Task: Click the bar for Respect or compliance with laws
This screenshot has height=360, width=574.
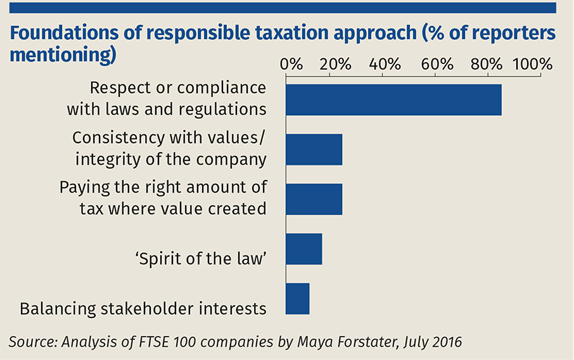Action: [393, 100]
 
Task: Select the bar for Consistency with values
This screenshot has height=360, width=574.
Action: [314, 150]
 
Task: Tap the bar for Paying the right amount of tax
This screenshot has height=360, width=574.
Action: [314, 200]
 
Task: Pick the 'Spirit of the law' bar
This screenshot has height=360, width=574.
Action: [303, 249]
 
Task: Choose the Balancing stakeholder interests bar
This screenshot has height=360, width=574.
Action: [297, 299]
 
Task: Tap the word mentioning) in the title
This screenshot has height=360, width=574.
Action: [63, 55]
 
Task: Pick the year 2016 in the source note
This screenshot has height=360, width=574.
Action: [445, 342]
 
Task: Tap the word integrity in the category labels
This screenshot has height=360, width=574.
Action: [103, 159]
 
